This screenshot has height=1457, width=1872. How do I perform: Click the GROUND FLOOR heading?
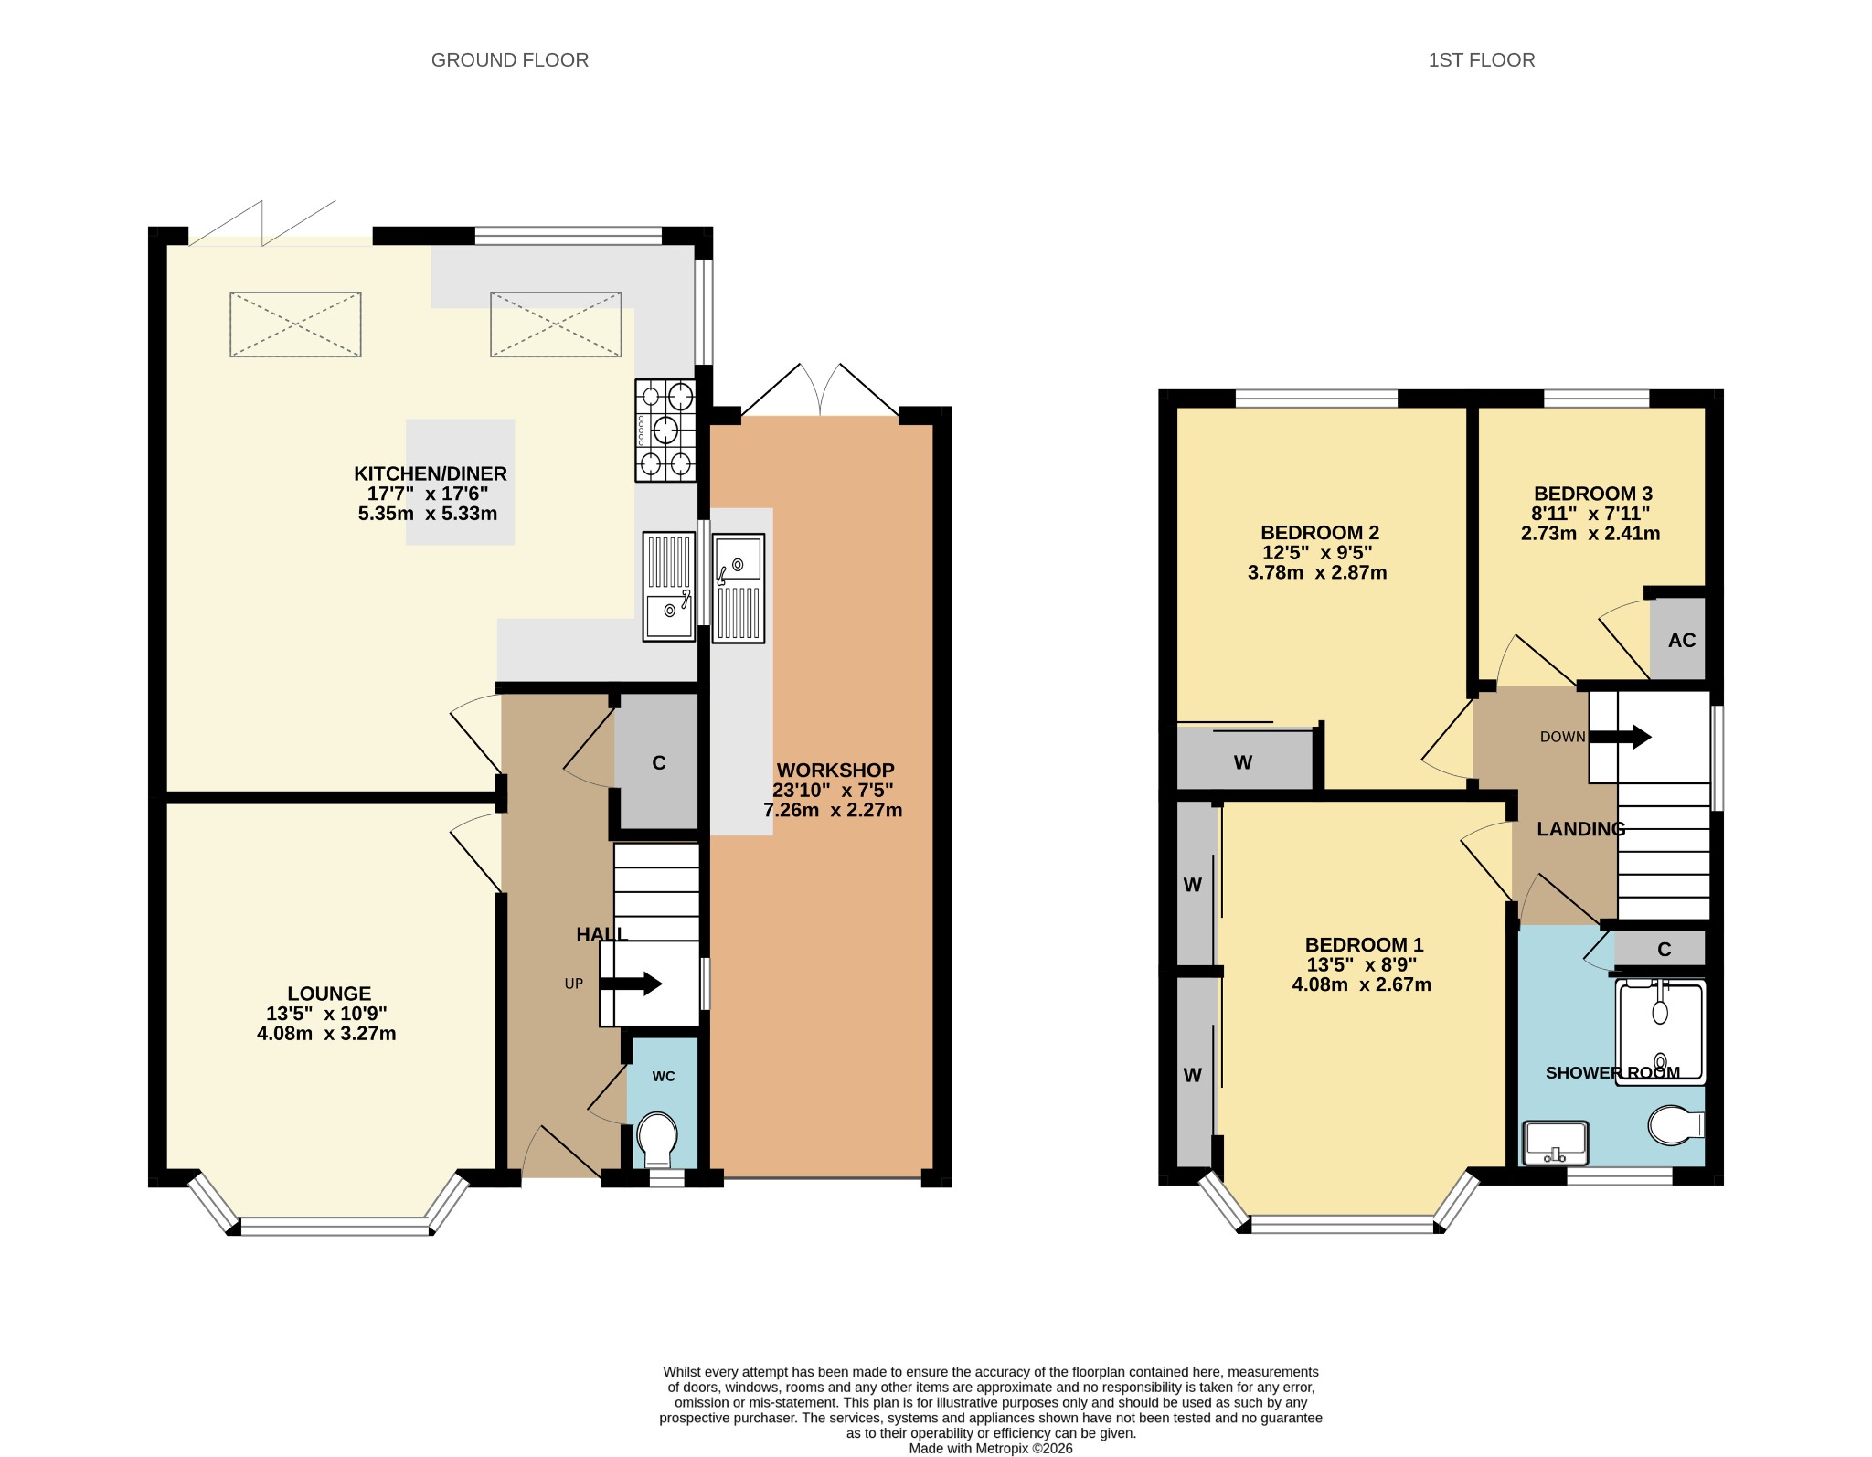coord(509,60)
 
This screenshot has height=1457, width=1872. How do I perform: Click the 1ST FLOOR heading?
coord(1482,60)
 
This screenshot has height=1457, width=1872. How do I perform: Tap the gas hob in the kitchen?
coord(666,431)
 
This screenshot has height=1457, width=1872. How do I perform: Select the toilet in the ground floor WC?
coord(658,1139)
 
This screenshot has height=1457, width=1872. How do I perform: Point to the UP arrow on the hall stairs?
coord(631,984)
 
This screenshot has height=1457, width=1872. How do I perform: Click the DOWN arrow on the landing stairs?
coord(1621,737)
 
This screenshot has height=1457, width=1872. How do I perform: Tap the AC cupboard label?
coord(1682,641)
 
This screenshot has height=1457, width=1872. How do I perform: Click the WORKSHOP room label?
coord(835,771)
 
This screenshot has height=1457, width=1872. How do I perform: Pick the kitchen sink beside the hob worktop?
coord(669,586)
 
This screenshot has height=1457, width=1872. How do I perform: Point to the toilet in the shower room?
coord(1676,1126)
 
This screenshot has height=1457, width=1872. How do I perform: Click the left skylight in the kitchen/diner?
coord(295,324)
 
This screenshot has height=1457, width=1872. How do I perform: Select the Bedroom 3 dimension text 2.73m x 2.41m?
coord(1590,534)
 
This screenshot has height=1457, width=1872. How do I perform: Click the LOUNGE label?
coord(329,994)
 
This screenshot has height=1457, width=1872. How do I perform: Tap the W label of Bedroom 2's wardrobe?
coord(1243,762)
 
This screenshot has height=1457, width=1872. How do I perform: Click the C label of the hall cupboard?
coord(659,763)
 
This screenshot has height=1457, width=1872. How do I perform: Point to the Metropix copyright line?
coord(991,1449)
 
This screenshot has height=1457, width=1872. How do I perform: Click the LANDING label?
coord(1581,829)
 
